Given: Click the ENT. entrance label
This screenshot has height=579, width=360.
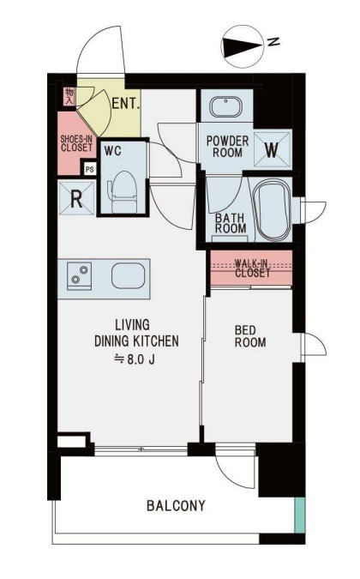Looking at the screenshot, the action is click(x=126, y=104).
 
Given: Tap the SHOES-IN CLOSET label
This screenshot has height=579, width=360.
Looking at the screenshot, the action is click(x=77, y=143).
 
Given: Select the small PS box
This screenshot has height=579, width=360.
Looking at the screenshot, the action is click(x=90, y=170).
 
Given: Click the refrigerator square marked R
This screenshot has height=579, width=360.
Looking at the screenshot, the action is click(x=77, y=199).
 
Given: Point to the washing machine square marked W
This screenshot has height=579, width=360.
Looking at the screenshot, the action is click(x=272, y=149).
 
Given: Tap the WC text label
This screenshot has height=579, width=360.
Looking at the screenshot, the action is click(x=112, y=151).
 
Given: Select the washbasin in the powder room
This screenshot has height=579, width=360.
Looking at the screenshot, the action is click(x=225, y=107).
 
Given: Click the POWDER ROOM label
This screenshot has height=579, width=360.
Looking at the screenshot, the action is click(x=227, y=146).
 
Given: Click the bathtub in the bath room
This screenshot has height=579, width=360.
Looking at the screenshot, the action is click(x=273, y=210).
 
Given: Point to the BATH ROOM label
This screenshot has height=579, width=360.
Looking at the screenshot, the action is click(x=231, y=223).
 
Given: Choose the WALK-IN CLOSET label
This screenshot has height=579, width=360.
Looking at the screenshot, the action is click(x=252, y=268).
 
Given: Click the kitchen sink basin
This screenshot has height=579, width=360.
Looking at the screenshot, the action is click(x=128, y=275).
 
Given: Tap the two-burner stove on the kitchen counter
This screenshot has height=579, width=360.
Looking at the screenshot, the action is click(x=80, y=275).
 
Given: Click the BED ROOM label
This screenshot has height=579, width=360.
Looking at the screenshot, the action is click(x=250, y=336).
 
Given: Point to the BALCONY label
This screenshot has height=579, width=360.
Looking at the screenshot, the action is click(x=176, y=505).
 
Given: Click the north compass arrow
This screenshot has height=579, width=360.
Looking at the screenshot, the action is click(x=243, y=46).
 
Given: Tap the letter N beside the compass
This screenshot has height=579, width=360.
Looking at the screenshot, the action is click(x=273, y=42).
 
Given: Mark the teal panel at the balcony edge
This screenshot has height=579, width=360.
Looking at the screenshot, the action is click(x=300, y=516).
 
